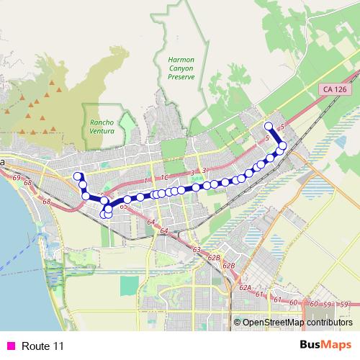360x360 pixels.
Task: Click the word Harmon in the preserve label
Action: [177, 60]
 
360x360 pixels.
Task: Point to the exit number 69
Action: [15, 177]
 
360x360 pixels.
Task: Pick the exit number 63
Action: [197, 249]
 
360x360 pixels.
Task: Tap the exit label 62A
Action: [245, 287]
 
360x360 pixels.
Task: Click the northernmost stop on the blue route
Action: [269, 126]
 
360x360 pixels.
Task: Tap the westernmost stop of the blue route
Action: [77, 176]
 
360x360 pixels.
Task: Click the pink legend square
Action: [10, 346]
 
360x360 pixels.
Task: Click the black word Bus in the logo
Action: [311, 346]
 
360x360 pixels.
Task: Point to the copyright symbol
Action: [237, 323]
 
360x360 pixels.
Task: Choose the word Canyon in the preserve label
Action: [177, 68]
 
